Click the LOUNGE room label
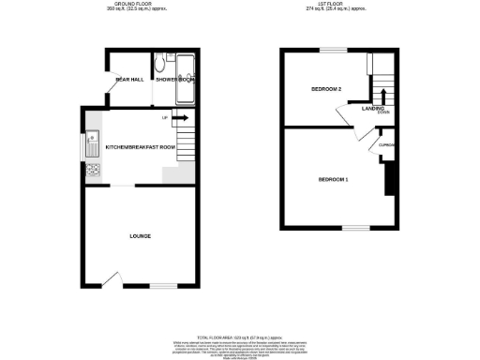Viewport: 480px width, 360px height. click(x=141, y=235)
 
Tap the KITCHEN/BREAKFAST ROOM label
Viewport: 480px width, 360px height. click(x=141, y=147)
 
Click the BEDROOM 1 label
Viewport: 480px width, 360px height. click(x=333, y=178)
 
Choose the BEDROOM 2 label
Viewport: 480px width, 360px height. click(x=325, y=89)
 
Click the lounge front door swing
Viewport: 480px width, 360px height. click(x=112, y=278)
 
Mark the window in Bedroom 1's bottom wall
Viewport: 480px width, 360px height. click(x=354, y=228)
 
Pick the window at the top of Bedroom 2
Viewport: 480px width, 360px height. click(x=332, y=49)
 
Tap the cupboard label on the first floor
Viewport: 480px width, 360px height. click(x=385, y=145)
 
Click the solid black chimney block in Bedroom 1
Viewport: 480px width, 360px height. click(x=387, y=178)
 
